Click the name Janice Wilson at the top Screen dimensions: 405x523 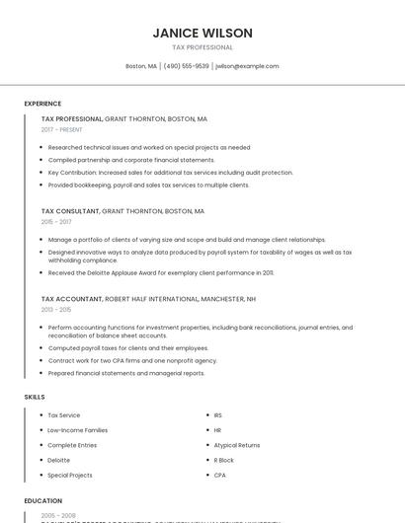[202, 33]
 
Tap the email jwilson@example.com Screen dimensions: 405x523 [247, 66]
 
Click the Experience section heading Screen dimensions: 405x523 [42, 104]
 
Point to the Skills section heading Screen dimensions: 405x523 [35, 397]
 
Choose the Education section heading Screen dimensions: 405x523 [43, 500]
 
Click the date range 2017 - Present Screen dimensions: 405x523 [61, 129]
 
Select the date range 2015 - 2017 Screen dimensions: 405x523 [56, 222]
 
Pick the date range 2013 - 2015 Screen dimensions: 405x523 [56, 309]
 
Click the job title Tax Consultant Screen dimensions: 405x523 [70, 211]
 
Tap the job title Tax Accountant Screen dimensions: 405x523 [71, 298]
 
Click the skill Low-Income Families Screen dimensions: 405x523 [77, 430]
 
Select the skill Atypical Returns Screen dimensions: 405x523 [236, 445]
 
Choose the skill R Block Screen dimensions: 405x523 [223, 460]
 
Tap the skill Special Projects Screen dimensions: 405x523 [70, 475]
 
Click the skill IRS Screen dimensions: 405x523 [218, 415]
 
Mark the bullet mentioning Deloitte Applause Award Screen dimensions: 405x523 [161, 272]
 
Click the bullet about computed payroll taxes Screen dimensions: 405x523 [128, 347]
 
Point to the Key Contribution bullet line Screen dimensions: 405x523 [156, 173]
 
